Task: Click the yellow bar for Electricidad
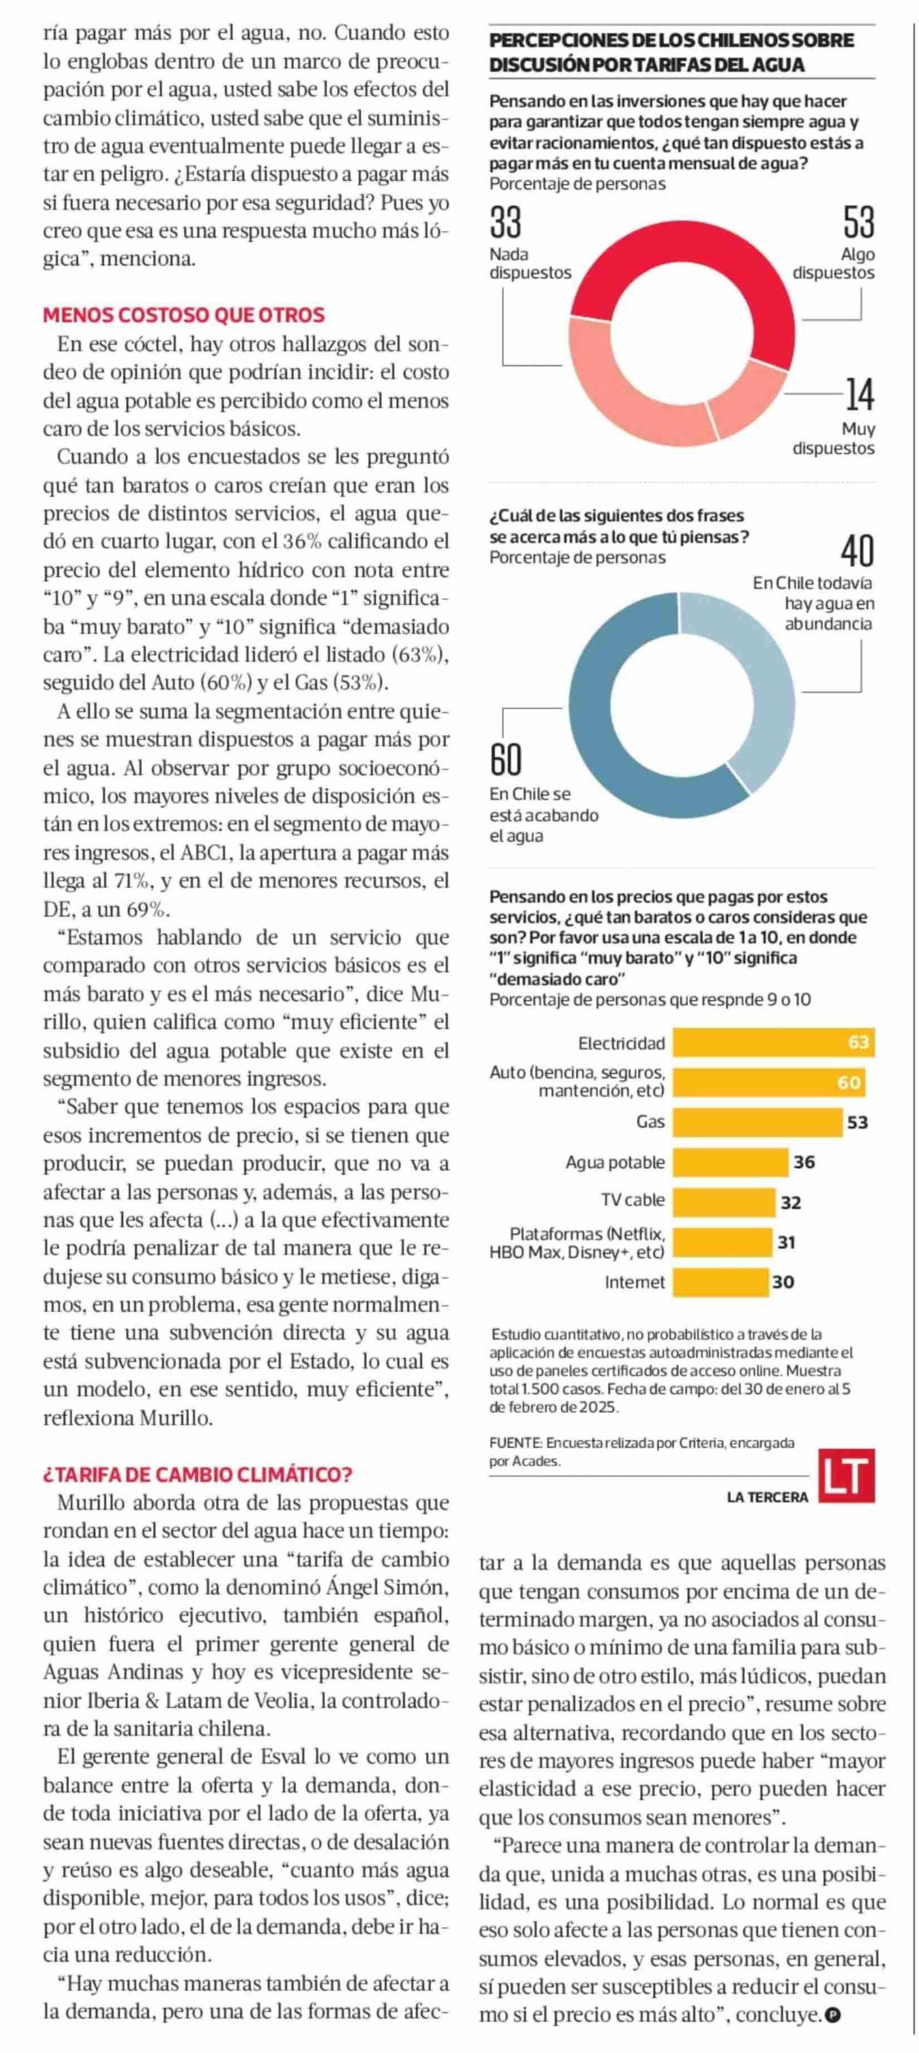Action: [x=761, y=1042]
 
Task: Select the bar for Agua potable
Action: [x=729, y=1162]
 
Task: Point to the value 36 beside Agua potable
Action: [x=804, y=1162]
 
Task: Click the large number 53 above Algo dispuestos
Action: [x=859, y=222]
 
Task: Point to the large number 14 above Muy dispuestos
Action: [x=859, y=394]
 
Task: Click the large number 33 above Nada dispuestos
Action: [x=505, y=222]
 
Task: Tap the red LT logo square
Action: [x=847, y=1475]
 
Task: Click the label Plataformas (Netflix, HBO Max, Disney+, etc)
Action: [x=578, y=1243]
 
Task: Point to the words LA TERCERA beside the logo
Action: [x=767, y=1497]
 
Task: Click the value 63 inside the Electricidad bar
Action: [x=857, y=1042]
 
